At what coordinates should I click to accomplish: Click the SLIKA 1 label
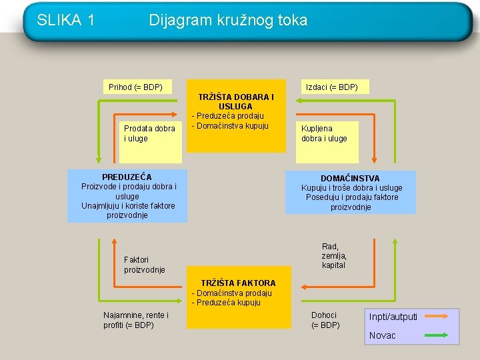pyautogui.click(x=65, y=20)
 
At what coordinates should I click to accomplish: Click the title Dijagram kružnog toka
pyautogui.click(x=228, y=20)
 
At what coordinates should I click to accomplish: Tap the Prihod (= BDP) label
pyautogui.click(x=135, y=87)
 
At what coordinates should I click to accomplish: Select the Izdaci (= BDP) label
pyautogui.click(x=331, y=87)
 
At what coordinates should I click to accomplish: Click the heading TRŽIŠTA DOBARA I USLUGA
pyautogui.click(x=236, y=101)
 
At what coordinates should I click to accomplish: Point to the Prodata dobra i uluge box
pyautogui.click(x=150, y=133)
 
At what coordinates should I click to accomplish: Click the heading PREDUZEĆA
pyautogui.click(x=127, y=177)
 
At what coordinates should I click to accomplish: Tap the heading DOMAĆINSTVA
pyautogui.click(x=350, y=178)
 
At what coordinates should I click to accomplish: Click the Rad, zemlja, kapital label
pyautogui.click(x=334, y=256)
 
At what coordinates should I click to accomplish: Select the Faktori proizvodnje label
pyautogui.click(x=145, y=265)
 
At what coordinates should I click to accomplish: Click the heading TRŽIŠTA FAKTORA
pyautogui.click(x=238, y=283)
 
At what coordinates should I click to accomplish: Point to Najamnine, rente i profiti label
pyautogui.click(x=136, y=320)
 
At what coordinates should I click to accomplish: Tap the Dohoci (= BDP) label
pyautogui.click(x=325, y=320)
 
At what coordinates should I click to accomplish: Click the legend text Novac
pyautogui.click(x=382, y=335)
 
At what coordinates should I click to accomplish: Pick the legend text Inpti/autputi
pyautogui.click(x=393, y=316)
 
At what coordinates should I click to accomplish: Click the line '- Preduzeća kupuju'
pyautogui.click(x=226, y=303)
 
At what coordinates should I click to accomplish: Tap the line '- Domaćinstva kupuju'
pyautogui.click(x=230, y=126)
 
